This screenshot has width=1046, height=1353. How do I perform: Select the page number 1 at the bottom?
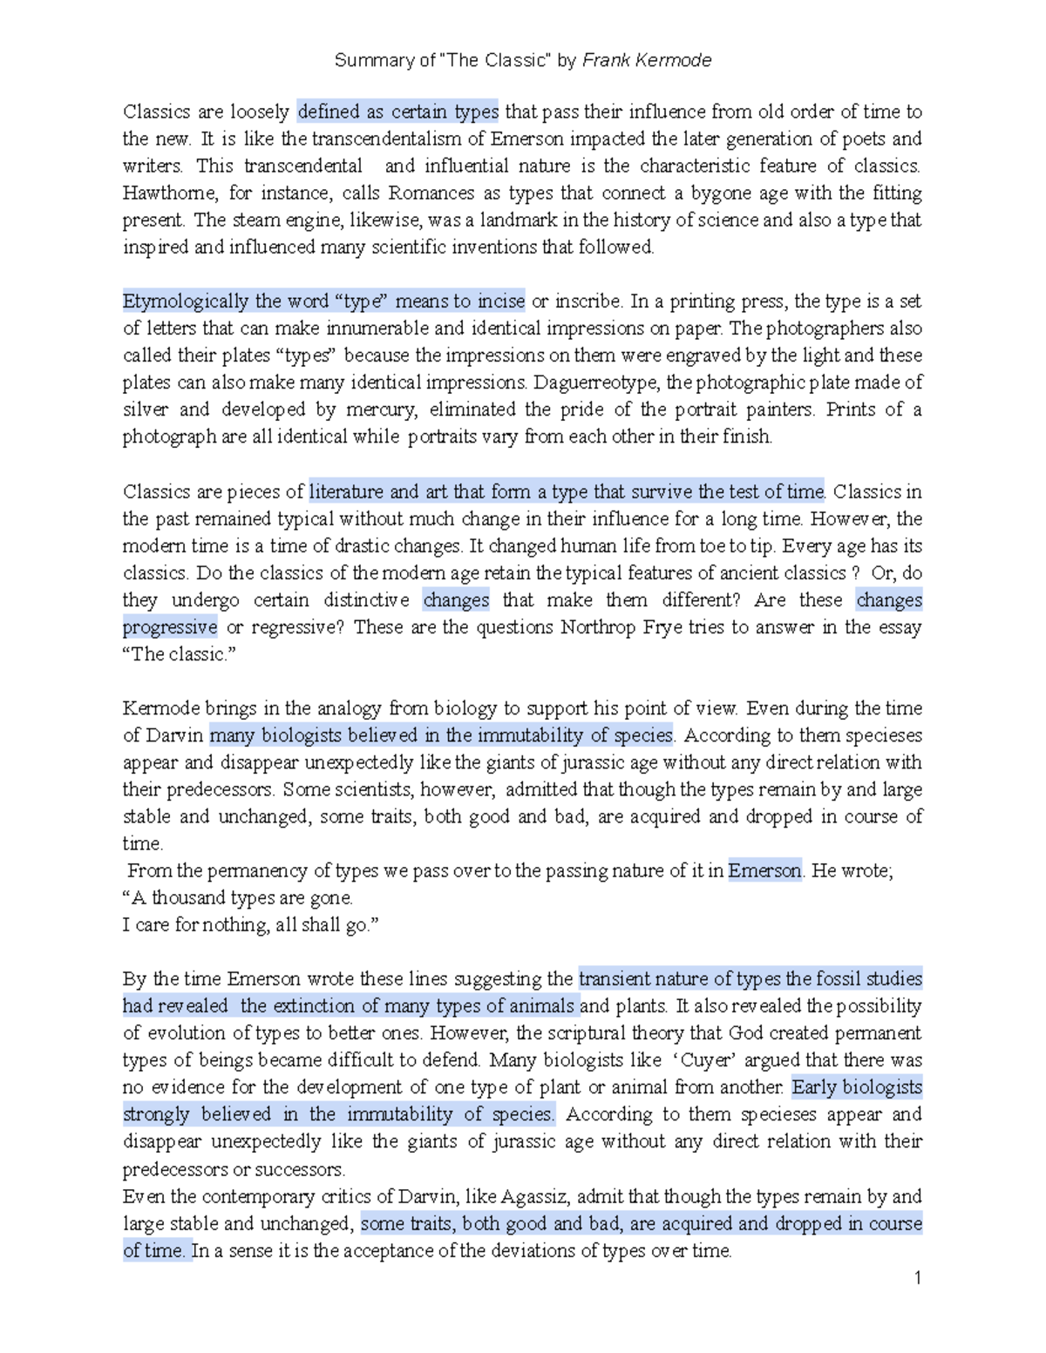point(917,1278)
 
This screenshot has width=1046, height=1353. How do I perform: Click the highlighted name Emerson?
point(764,870)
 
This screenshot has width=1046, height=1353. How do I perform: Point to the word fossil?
point(839,978)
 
